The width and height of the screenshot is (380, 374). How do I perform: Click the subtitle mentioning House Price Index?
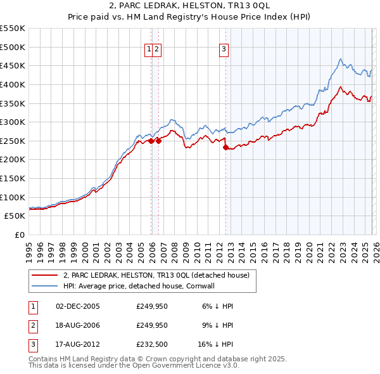point(189,17)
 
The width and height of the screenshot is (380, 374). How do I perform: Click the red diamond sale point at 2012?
point(225,147)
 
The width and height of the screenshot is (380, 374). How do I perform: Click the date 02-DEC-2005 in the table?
point(78,306)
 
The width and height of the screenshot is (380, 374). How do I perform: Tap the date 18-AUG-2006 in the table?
point(78,325)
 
